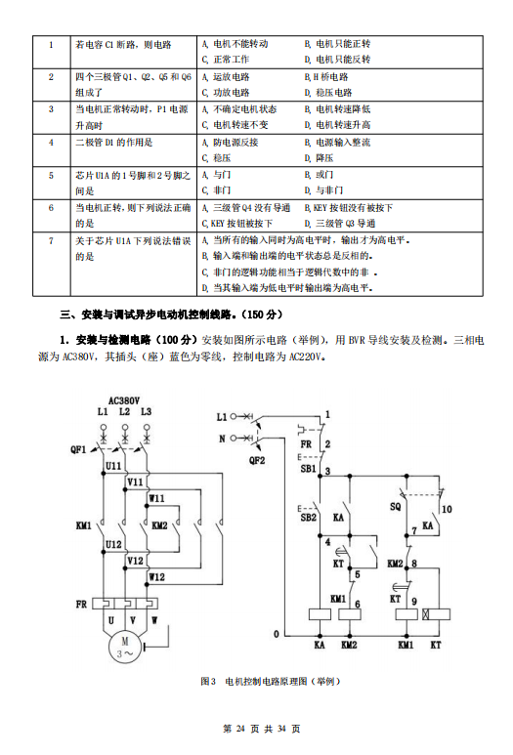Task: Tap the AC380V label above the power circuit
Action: pyautogui.click(x=124, y=400)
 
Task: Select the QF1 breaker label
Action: pyautogui.click(x=78, y=449)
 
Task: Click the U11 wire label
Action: pyautogui.click(x=113, y=466)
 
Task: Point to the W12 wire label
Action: pyautogui.click(x=156, y=577)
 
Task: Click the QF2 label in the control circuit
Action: pyautogui.click(x=257, y=460)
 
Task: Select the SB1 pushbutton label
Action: pyautogui.click(x=308, y=469)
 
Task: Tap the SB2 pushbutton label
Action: pyautogui.click(x=308, y=518)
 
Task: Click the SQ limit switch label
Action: pyautogui.click(x=395, y=506)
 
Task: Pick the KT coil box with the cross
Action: pyautogui.click(x=436, y=614)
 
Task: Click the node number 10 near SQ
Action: pyautogui.click(x=447, y=509)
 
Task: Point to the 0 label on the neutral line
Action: pyautogui.click(x=276, y=634)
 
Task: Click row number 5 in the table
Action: pyautogui.click(x=51, y=175)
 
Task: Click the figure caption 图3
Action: pyautogui.click(x=208, y=682)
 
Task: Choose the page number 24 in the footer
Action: pyautogui.click(x=240, y=729)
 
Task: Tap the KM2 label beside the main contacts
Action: pyautogui.click(x=159, y=525)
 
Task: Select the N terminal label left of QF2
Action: pyautogui.click(x=222, y=439)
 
